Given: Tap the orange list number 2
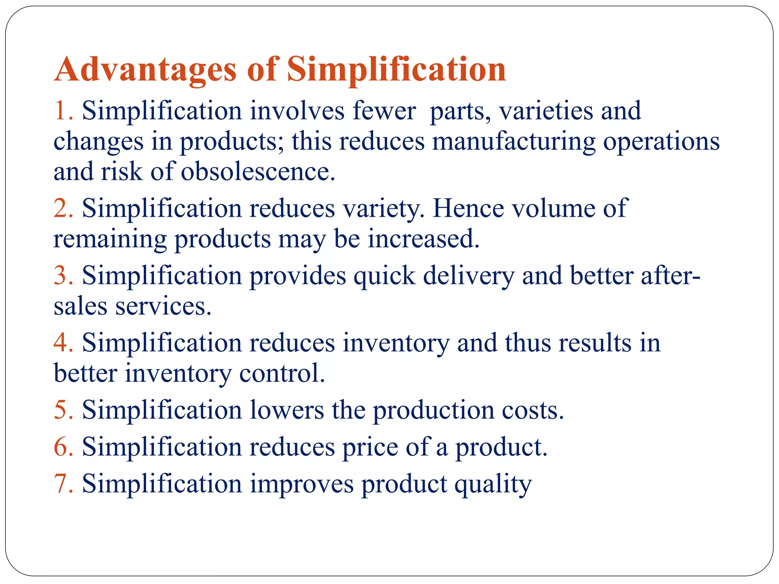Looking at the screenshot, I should coord(61,209).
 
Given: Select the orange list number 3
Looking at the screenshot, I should coord(61,276).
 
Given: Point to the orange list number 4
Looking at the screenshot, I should coord(61,343).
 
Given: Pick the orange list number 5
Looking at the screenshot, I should coord(61,410).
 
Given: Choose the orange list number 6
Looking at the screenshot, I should coord(61,447).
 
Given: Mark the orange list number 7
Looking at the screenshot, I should coord(61,484).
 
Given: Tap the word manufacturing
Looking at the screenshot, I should coord(514,141).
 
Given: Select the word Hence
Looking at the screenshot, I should coord(468,209).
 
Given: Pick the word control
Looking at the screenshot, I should coord(282,373).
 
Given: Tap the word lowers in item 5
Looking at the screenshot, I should coord(287,410).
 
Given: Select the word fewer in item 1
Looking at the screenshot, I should coord(384,111).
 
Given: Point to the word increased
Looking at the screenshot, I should coord(423,239).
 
